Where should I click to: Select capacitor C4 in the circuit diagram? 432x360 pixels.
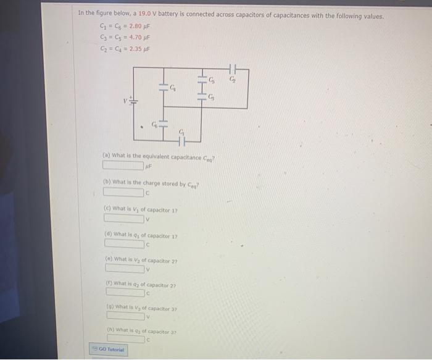[164, 87]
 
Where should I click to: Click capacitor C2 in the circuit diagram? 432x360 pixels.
[233, 68]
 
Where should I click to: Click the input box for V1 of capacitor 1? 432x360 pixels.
[124, 218]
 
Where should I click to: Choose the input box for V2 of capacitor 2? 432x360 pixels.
[125, 268]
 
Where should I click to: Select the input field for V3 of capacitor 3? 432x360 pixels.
[127, 317]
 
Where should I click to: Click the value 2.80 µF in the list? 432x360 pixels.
[139, 27]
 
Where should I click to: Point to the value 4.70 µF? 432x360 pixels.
[139, 38]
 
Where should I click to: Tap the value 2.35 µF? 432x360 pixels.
[139, 49]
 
